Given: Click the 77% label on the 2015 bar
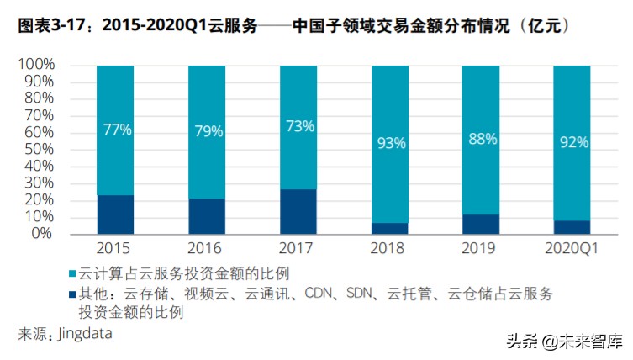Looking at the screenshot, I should (x=115, y=130).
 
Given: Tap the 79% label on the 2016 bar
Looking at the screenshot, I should (x=207, y=131).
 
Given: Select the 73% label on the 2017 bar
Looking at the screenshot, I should (x=298, y=126).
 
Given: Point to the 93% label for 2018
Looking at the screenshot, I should (x=389, y=143).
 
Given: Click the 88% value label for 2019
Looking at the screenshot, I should (x=481, y=139).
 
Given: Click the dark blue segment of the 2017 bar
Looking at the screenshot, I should (x=298, y=211).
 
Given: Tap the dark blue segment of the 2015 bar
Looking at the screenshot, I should (x=115, y=214).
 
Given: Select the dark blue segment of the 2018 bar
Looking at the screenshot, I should (x=389, y=228).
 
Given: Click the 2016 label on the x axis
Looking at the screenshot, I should (x=207, y=248).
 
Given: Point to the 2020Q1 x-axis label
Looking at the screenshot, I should (x=572, y=248).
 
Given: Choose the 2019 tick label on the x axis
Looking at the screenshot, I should (x=481, y=248).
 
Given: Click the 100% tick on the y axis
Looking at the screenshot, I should (x=36, y=65).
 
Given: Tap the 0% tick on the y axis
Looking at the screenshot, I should (x=43, y=233).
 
